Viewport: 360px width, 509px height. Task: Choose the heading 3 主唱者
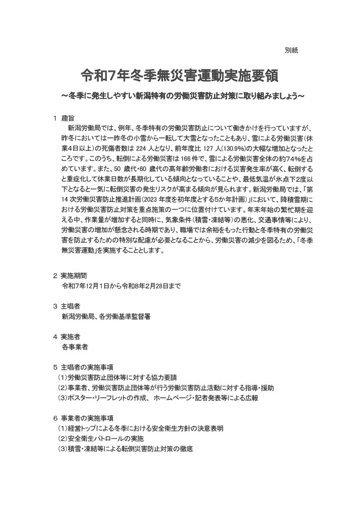click(67, 306)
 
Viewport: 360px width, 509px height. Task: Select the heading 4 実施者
click(67, 336)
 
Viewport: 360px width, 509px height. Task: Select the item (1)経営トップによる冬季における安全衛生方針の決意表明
click(141, 429)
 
